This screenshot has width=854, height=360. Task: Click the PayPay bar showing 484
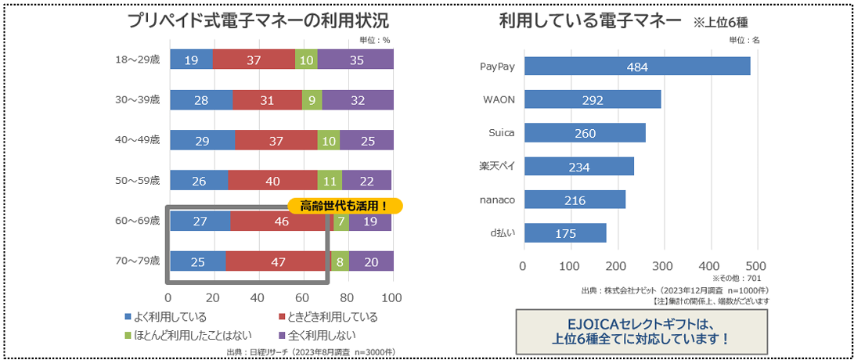click(636, 67)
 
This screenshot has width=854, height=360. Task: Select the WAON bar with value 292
click(592, 99)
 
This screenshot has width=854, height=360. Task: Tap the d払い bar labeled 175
click(564, 233)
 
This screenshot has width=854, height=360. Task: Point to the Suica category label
click(502, 132)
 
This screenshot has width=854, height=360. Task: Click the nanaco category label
click(497, 200)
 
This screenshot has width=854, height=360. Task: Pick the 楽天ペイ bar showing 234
click(578, 166)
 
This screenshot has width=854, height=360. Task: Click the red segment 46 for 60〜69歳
click(280, 221)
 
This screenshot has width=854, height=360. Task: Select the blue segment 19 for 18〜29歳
click(191, 59)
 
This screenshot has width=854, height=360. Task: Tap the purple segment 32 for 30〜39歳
click(358, 99)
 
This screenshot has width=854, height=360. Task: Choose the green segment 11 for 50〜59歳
click(330, 181)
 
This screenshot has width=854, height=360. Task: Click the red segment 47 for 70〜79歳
click(277, 261)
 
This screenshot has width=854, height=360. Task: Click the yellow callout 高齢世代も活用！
click(344, 206)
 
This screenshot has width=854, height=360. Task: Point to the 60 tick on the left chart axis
click(302, 297)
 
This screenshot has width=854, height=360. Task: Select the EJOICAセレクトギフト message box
click(641, 331)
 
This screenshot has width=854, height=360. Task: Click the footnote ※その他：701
click(736, 277)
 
